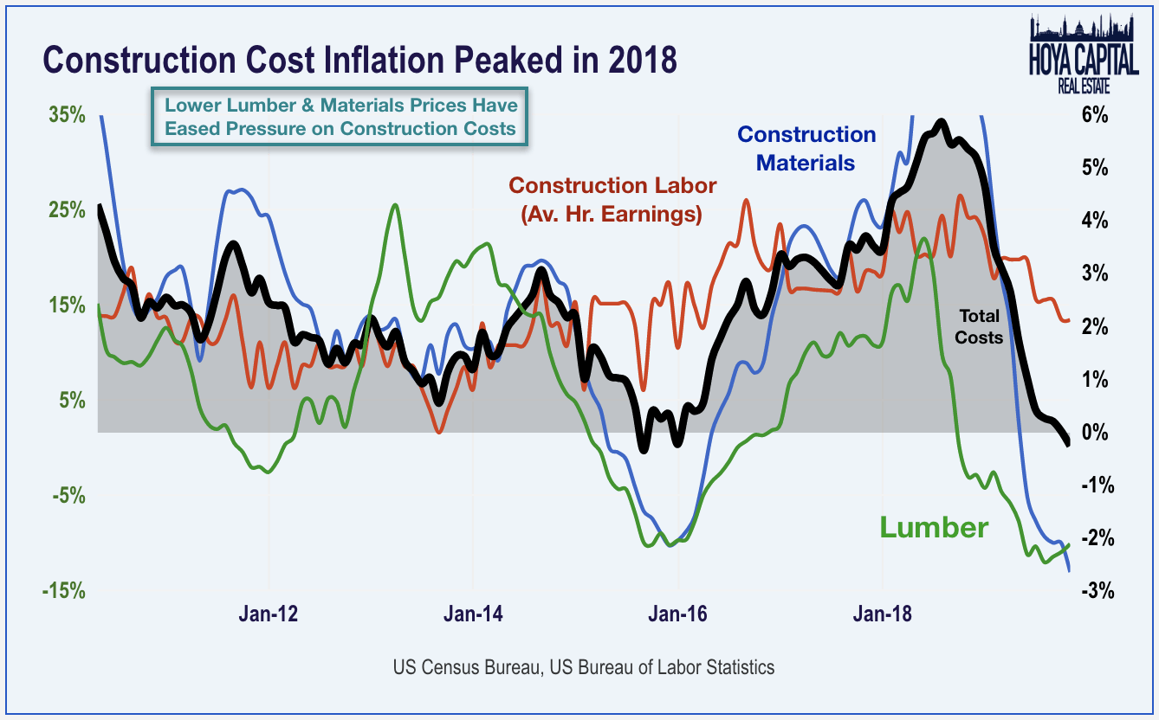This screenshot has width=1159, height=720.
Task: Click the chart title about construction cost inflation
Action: tap(359, 61)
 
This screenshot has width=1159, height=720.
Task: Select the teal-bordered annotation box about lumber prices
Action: tap(340, 117)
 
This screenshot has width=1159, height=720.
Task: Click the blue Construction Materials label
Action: tap(806, 149)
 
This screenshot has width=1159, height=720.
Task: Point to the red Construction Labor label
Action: tap(612, 200)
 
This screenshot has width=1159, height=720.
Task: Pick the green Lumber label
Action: tap(934, 527)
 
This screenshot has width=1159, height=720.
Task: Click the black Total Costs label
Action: tap(979, 327)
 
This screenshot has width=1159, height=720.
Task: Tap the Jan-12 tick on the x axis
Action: tap(269, 614)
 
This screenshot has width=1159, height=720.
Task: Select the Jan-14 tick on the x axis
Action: tap(473, 614)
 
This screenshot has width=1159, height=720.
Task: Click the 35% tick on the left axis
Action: tap(66, 115)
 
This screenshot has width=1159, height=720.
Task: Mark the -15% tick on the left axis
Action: tap(63, 591)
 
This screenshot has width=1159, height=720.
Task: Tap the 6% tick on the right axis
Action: tap(1095, 115)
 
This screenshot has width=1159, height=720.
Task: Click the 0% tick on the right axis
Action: tap(1095, 433)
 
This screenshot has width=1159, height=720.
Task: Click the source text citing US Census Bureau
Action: tap(583, 667)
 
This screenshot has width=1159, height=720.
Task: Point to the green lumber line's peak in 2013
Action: tap(395, 205)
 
